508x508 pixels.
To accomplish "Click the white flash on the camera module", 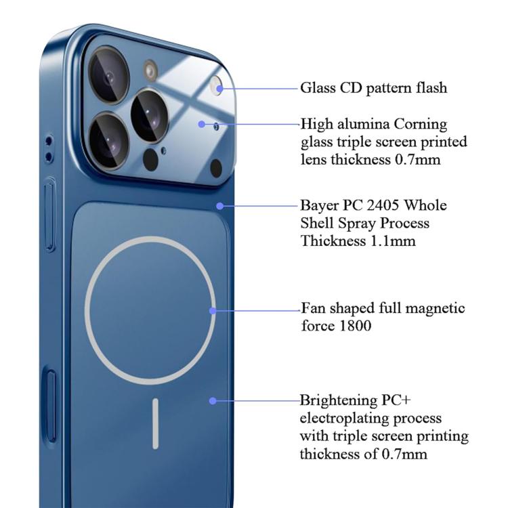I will [217, 85].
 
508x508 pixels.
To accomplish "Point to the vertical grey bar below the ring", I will [156, 423].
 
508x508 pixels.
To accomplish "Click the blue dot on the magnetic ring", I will [213, 310].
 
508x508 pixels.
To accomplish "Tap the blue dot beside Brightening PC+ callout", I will [213, 401].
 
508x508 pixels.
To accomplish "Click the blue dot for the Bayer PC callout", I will [219, 205].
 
